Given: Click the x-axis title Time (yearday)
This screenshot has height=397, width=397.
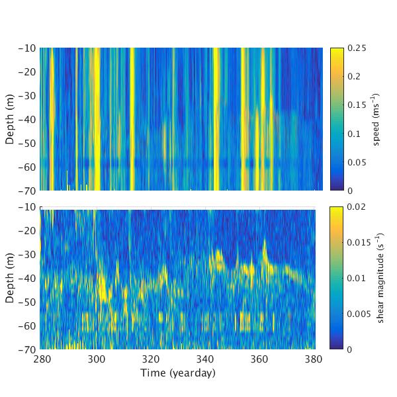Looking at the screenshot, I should point(177,373).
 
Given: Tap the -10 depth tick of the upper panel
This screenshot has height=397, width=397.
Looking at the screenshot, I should point(28,48).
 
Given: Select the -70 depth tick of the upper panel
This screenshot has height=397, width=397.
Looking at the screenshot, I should point(28,191).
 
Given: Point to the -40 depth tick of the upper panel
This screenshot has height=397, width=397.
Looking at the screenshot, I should point(28,120).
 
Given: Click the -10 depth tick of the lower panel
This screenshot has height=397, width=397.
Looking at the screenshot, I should point(28,207).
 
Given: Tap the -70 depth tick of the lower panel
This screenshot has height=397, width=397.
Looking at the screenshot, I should point(28,349).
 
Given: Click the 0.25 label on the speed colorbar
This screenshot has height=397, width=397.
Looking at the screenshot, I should point(357,48).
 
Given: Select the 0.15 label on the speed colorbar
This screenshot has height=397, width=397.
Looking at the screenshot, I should point(357,105).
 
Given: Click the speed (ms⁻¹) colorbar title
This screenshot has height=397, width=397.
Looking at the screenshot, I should point(376,119).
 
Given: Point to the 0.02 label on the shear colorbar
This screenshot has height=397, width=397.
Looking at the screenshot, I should point(357,207).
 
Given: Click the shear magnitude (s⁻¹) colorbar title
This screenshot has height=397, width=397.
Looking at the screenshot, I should point(381,278).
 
